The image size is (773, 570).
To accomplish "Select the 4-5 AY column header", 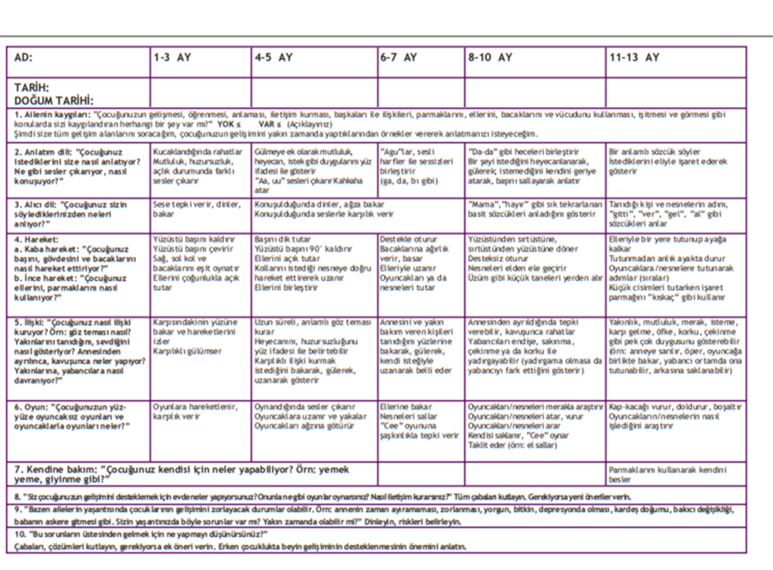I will [x=273, y=57].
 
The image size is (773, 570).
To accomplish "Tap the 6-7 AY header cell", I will [x=399, y=57].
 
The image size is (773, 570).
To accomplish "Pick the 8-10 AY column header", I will [x=490, y=57].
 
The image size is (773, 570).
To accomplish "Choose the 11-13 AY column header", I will [x=634, y=57].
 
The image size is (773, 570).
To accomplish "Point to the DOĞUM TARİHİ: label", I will [x=54, y=100].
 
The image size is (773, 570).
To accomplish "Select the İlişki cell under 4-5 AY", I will [x=313, y=351].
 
